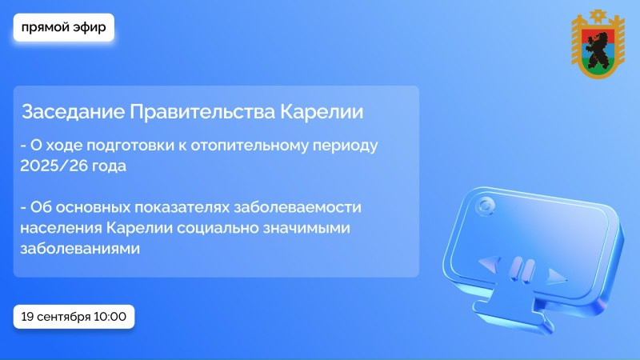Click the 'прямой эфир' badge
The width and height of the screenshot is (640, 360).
(x=64, y=27)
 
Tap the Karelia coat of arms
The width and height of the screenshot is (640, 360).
(x=598, y=44)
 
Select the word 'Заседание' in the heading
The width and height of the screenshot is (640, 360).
(x=73, y=112)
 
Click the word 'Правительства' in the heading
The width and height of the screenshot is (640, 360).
(x=202, y=112)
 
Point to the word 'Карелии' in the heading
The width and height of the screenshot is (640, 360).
(x=322, y=112)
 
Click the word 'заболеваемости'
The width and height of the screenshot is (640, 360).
(x=298, y=207)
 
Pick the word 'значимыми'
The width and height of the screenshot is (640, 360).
(x=306, y=228)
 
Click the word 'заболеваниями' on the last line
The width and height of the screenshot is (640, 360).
(x=80, y=249)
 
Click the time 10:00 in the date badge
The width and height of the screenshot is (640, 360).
(x=110, y=317)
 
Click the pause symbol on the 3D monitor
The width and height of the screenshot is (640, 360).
(x=522, y=270)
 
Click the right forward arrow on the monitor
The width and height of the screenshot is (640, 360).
(x=556, y=276)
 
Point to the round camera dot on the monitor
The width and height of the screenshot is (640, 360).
(x=486, y=206)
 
